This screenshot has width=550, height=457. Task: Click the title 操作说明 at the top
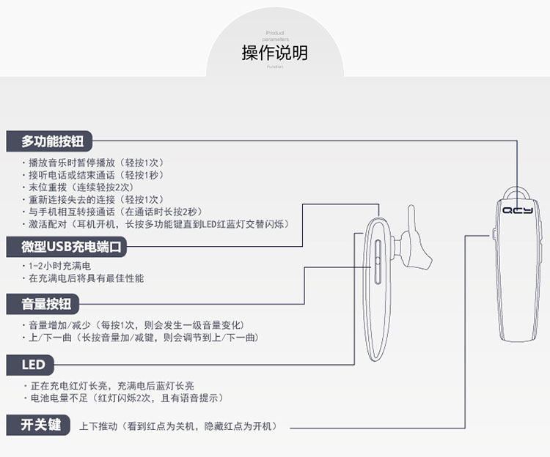pyautogui.click(x=274, y=53)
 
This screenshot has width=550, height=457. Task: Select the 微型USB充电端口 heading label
pyautogui.click(x=66, y=247)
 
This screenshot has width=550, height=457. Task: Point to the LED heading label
pyautogui.click(x=33, y=365)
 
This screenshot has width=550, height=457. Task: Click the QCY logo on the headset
pyautogui.click(x=518, y=210)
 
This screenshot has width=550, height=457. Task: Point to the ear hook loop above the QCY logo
pyautogui.click(x=518, y=192)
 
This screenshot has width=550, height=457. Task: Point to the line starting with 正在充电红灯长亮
pyautogui.click(x=110, y=385)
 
